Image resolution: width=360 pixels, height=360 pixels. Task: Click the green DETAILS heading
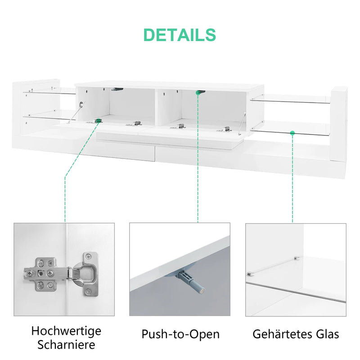point(180,35)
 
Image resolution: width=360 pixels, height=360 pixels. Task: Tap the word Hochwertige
point(66,331)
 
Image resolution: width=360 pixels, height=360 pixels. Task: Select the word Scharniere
point(66,345)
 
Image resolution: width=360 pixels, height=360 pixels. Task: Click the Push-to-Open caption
point(180,334)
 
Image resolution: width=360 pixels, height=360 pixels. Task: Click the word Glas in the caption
point(328,334)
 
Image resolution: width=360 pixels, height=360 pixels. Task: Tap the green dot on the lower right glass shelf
point(292,133)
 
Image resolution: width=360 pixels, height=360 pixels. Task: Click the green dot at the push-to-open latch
point(198,93)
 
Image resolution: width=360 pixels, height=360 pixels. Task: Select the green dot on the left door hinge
point(98,121)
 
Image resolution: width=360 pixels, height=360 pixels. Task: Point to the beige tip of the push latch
point(201,292)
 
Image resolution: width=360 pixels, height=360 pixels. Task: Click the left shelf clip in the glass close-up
point(249,274)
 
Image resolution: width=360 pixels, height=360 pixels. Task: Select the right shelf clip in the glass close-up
point(296,258)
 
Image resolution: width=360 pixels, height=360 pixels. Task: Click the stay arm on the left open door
point(75,112)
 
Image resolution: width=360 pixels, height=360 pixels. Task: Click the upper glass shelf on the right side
point(290,99)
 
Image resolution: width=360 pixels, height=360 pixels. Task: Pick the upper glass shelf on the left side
point(49,91)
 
